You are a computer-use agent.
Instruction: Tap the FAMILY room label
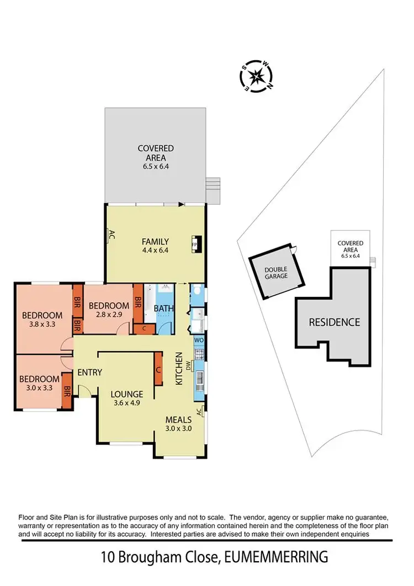pyautogui.click(x=155, y=242)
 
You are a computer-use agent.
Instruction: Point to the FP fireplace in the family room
pyautogui.click(x=195, y=243)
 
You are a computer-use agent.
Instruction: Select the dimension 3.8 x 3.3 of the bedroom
pyautogui.click(x=42, y=325)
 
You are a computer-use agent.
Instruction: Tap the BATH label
pyautogui.click(x=163, y=308)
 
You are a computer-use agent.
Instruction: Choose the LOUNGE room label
pyautogui.click(x=126, y=394)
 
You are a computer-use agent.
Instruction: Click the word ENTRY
pyautogui.click(x=89, y=372)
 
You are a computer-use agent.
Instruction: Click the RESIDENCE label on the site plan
pyautogui.click(x=334, y=322)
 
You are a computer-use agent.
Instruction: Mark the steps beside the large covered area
pyautogui.click(x=213, y=190)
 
